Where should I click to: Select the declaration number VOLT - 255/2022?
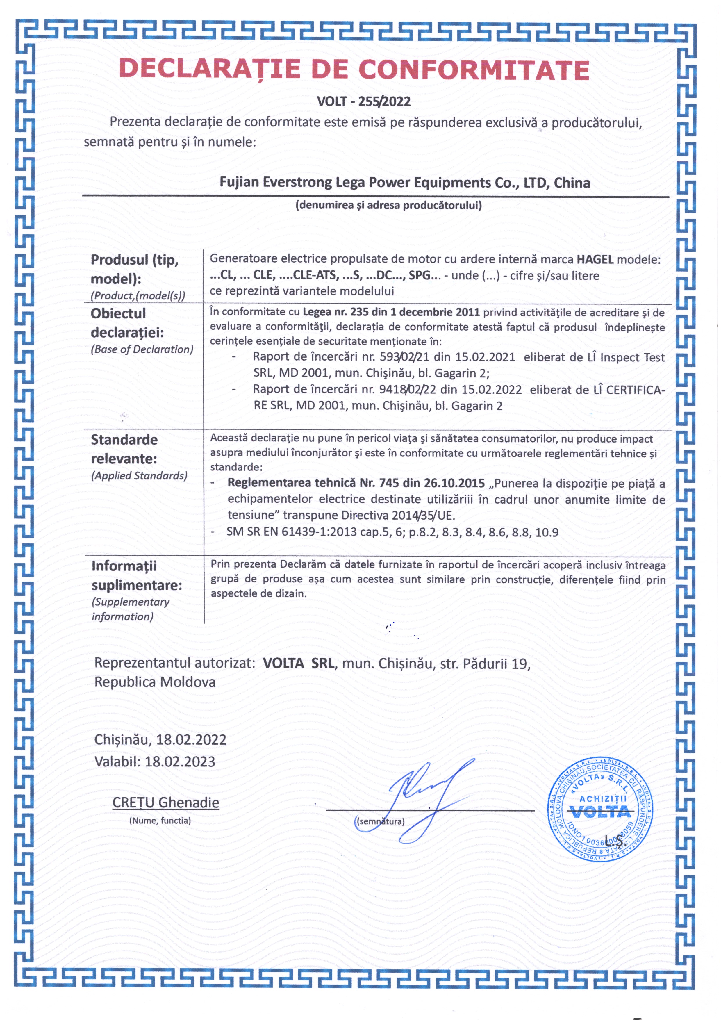(363, 102)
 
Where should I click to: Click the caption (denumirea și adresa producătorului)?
(388, 205)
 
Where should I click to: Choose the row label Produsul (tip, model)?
(135, 269)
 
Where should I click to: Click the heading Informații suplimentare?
(137, 576)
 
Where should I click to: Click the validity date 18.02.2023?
(180, 762)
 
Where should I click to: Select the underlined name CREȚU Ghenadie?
(166, 803)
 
